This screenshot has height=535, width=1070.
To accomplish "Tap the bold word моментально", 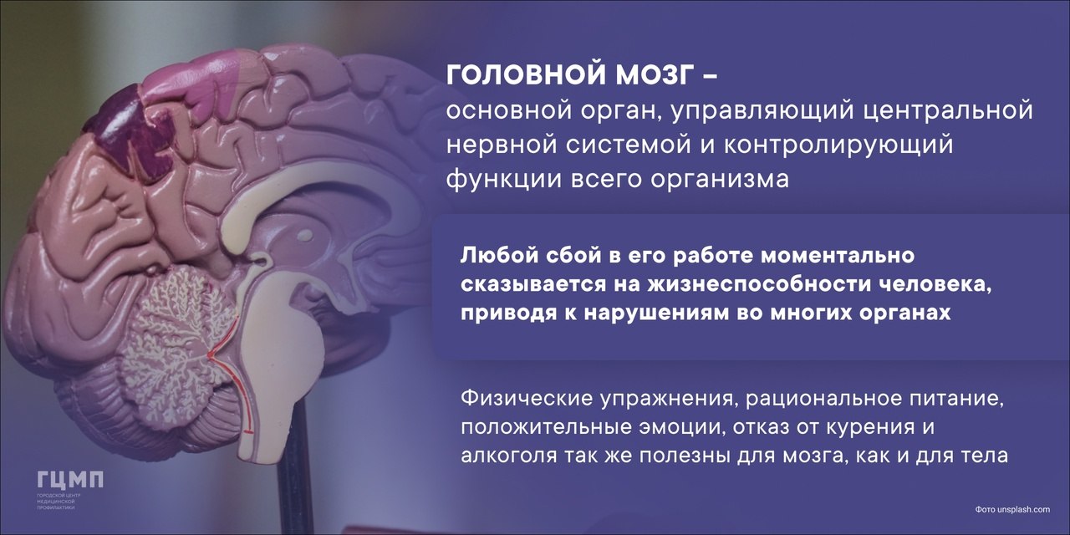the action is click(x=837, y=256).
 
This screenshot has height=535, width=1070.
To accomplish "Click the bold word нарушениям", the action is click(x=660, y=313).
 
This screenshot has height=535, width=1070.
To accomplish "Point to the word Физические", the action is click(x=527, y=398).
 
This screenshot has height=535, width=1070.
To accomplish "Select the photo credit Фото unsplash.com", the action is click(x=1012, y=509).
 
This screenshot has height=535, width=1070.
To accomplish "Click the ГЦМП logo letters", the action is click(x=70, y=480).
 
